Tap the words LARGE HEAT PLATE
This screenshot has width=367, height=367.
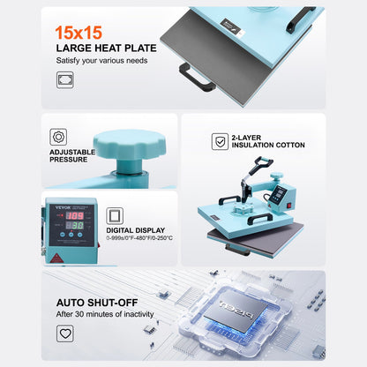coord(106,48)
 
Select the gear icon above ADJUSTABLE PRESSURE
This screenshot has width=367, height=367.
coord(59,137)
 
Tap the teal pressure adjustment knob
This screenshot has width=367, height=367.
coord(132,143)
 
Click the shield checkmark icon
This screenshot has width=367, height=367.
coord(220,141)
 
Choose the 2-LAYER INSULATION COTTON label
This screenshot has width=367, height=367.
coord(268,141)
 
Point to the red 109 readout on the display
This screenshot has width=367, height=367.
coord(76,215)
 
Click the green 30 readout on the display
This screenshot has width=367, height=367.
coord(77,225)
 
